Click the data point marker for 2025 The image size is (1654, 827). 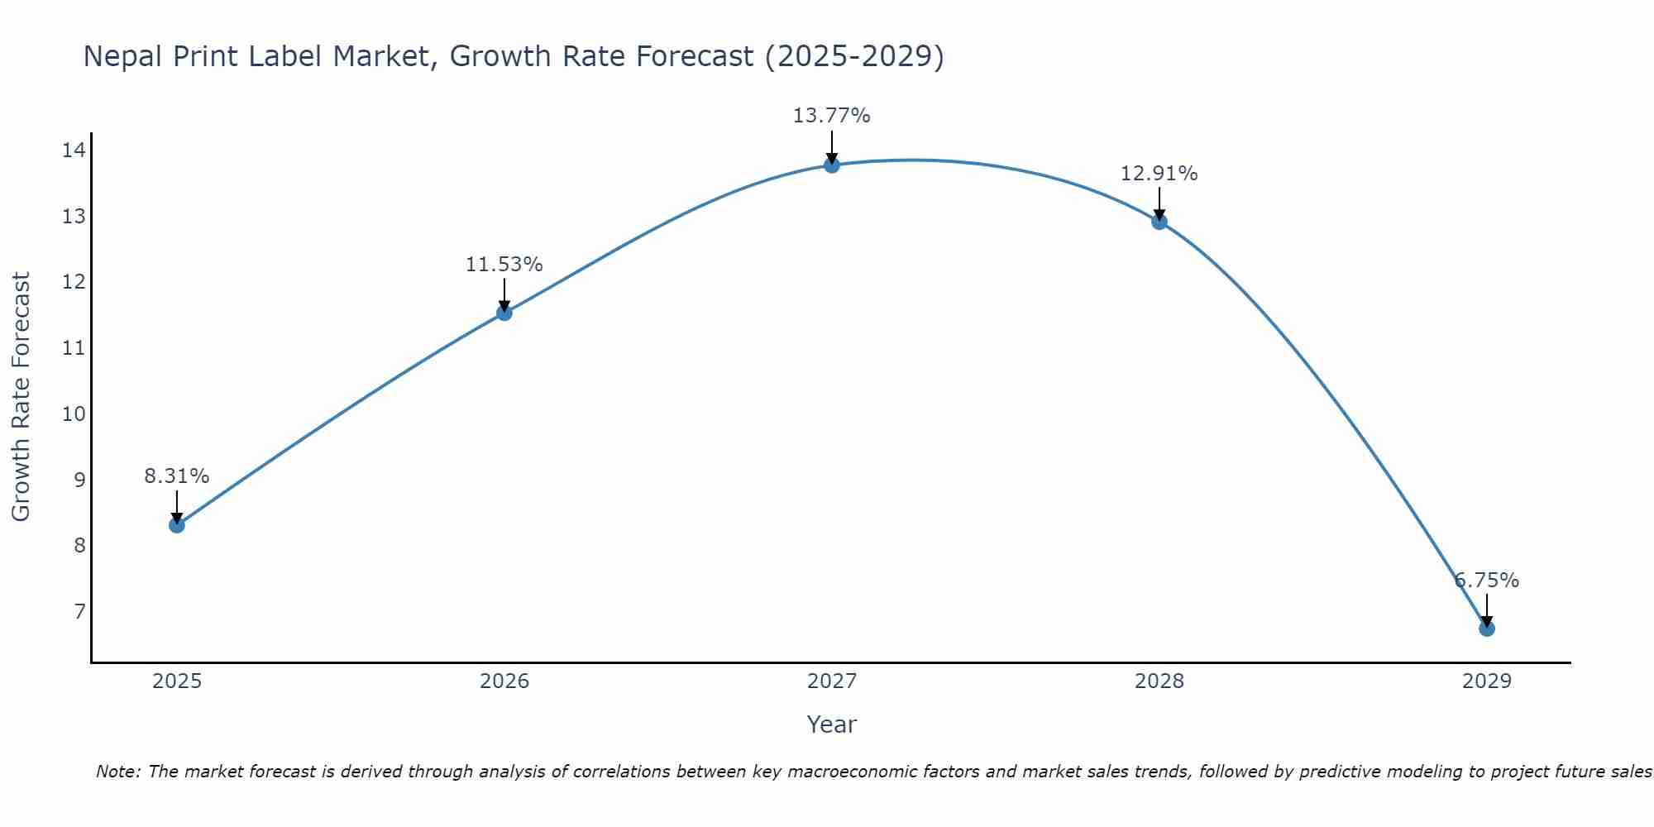point(177,524)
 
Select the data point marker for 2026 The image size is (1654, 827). point(504,313)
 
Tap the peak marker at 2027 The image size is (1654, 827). point(832,165)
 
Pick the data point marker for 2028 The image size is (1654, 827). point(1159,222)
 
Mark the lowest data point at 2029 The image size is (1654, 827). point(1487,629)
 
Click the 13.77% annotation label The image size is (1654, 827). point(831,116)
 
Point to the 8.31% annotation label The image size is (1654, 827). point(176,476)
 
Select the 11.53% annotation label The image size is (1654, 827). point(504,265)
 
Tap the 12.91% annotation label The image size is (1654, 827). point(1159,174)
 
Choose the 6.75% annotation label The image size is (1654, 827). point(1487,581)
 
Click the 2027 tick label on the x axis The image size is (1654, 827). point(832,681)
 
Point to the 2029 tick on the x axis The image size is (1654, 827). point(1487,681)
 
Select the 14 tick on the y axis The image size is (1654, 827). point(74,151)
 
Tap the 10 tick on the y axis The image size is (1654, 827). point(74,413)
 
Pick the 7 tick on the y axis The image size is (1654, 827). point(79,612)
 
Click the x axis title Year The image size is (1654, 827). point(831,724)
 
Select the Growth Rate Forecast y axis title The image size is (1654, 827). point(22,397)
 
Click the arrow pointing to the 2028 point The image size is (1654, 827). point(1159,203)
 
